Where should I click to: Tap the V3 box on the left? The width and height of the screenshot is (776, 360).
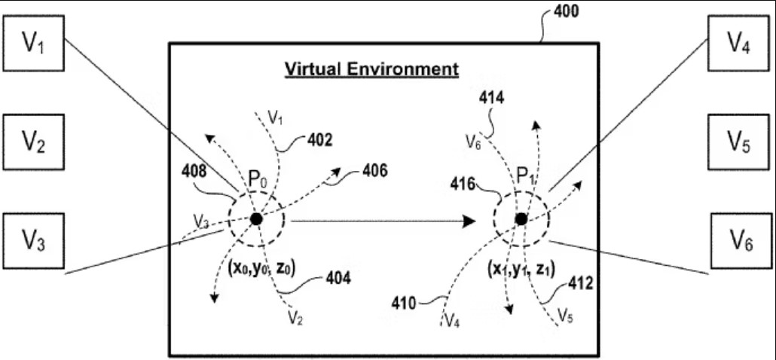(32, 240)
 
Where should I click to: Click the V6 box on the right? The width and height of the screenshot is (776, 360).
(738, 240)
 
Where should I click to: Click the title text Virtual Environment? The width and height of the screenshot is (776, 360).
(371, 70)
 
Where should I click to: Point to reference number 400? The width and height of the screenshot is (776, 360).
(565, 12)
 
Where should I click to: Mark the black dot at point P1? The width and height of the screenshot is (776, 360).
(521, 219)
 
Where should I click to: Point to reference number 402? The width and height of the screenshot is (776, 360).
(319, 139)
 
